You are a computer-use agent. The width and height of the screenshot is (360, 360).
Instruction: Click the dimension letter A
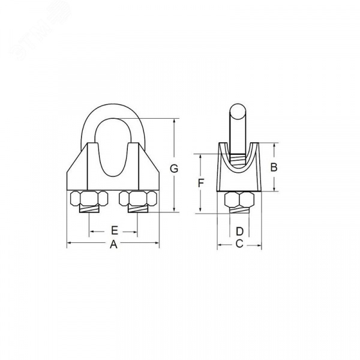pyautogui.click(x=113, y=244)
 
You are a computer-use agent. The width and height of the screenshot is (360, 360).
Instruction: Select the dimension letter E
pyautogui.click(x=115, y=230)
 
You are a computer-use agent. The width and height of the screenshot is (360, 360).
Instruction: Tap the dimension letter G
pyautogui.click(x=174, y=169)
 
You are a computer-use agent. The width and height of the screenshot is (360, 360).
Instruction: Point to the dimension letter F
pyautogui.click(x=201, y=183)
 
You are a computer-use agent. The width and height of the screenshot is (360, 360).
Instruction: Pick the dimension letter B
pyautogui.click(x=274, y=167)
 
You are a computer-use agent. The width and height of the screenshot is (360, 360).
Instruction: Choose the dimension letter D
pyautogui.click(x=239, y=232)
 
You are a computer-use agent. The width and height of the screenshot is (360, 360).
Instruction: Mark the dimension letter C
pyautogui.click(x=239, y=244)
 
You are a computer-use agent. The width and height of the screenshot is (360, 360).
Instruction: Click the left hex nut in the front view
pyautogui.click(x=89, y=198)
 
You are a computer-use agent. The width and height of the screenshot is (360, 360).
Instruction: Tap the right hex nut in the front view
pyautogui.click(x=138, y=198)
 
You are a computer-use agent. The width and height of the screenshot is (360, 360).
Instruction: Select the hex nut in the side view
pyautogui.click(x=239, y=199)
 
